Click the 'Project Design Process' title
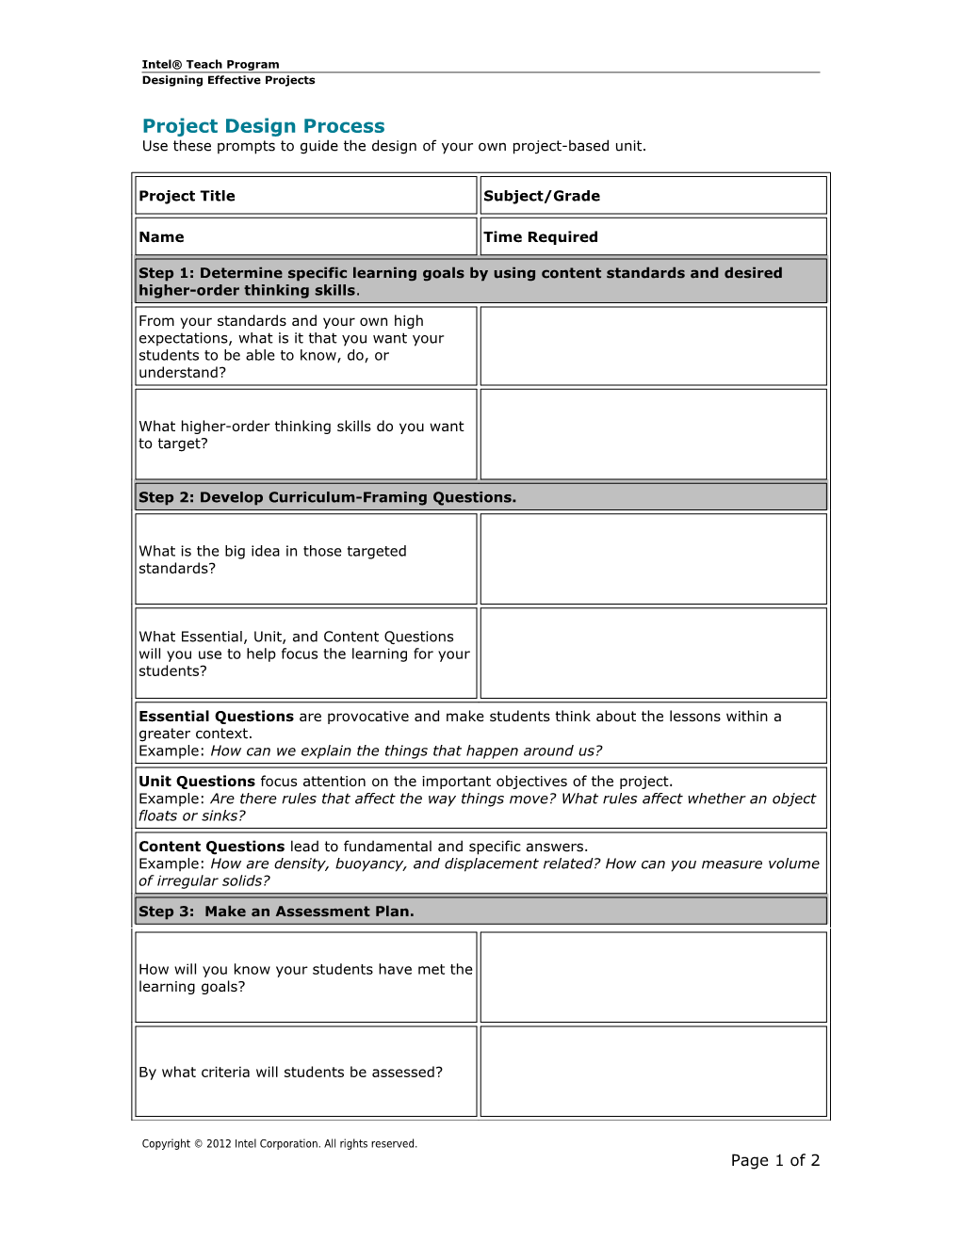click(x=263, y=126)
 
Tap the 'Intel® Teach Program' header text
click(x=210, y=64)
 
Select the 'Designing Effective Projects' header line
click(x=228, y=80)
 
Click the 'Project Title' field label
click(x=187, y=196)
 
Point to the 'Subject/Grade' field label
click(x=541, y=196)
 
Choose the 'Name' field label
click(x=161, y=237)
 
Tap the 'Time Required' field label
click(x=540, y=237)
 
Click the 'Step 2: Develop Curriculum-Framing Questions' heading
click(x=327, y=497)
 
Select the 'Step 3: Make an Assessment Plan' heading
click(x=276, y=912)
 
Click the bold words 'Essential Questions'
click(x=216, y=717)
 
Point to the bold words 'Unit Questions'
click(x=196, y=782)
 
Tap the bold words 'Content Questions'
click(x=211, y=847)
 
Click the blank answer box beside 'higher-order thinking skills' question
click(x=653, y=434)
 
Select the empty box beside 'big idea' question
click(x=653, y=558)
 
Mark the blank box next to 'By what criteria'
click(x=653, y=1072)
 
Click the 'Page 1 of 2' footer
click(x=774, y=1160)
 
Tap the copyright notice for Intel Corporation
click(x=279, y=1144)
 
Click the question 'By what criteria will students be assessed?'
click(x=290, y=1073)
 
